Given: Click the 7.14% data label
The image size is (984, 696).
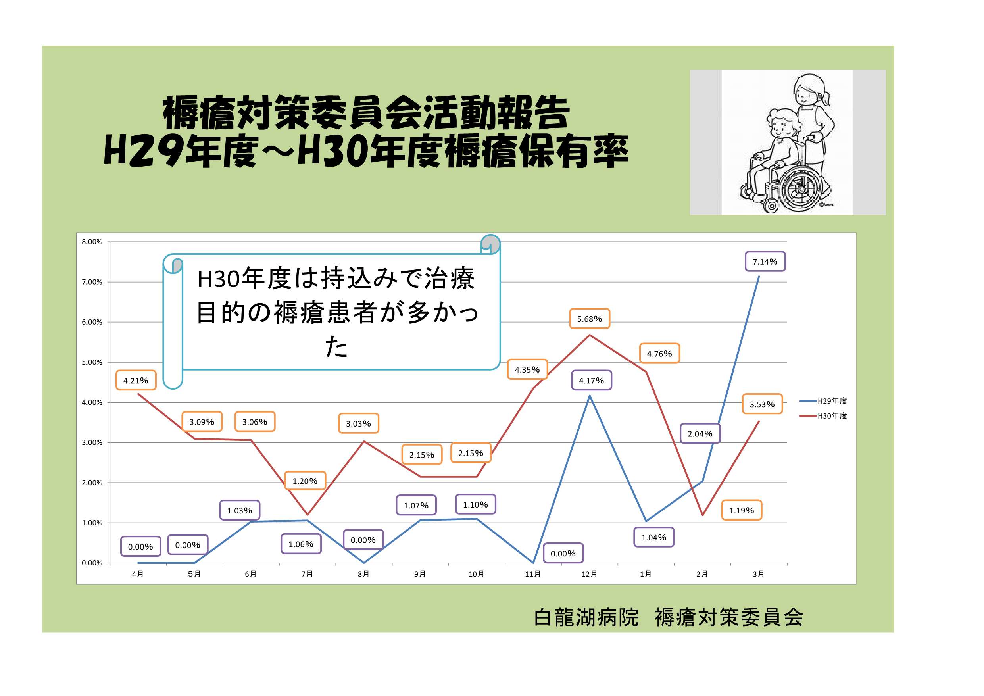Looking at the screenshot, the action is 765,261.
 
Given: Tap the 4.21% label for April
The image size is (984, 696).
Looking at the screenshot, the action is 136,380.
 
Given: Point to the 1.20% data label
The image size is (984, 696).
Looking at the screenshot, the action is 305,481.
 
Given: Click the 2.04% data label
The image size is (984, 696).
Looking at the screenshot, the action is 700,434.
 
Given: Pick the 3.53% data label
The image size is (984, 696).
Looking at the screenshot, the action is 762,404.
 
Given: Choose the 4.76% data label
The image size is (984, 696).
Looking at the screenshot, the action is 659,354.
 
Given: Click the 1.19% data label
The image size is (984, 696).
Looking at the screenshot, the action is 742,510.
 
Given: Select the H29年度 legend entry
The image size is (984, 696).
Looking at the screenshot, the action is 823,401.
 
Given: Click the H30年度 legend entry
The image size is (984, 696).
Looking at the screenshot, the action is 823,416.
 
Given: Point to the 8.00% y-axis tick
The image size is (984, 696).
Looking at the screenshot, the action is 92,242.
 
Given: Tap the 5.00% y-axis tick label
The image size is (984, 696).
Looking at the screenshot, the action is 92,363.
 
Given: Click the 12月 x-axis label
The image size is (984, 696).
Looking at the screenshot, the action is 589,574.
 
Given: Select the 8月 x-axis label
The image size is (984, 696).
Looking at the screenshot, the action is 363,574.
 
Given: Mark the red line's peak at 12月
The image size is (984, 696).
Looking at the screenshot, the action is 590,335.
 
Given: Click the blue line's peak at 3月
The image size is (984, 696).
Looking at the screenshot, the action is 759,277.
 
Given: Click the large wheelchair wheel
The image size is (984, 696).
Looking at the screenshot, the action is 800,188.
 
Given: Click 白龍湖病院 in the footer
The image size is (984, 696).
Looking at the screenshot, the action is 586,617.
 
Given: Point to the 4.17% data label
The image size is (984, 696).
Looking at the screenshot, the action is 592,380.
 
